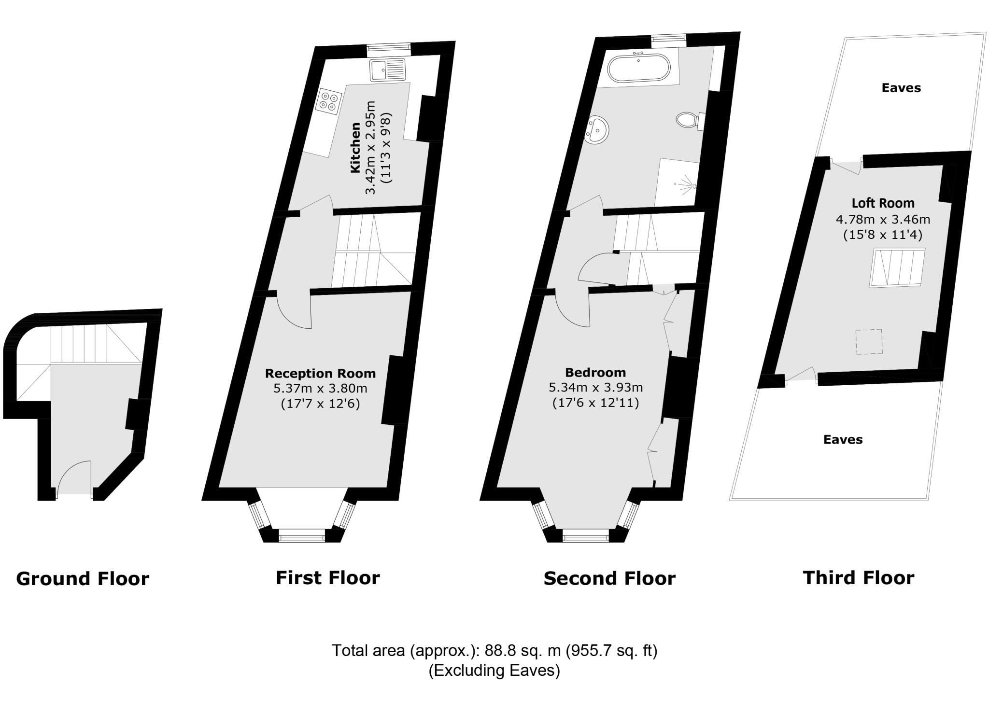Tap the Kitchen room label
click(x=355, y=148)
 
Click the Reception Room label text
click(x=320, y=373)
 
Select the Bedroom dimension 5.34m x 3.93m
click(x=595, y=388)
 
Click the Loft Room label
click(x=883, y=203)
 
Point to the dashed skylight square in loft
click(x=869, y=342)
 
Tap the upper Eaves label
click(x=901, y=88)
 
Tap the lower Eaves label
click(x=843, y=439)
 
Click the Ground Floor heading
click(x=83, y=578)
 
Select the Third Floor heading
click(x=858, y=577)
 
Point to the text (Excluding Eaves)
click(x=494, y=671)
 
